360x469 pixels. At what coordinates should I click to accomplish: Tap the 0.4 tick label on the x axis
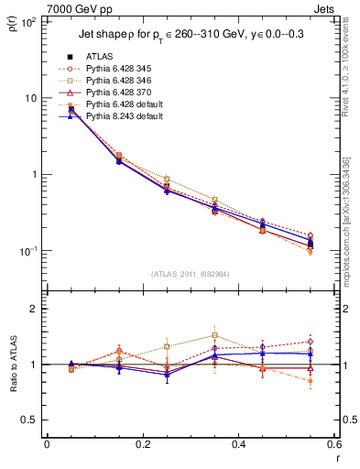[239, 443]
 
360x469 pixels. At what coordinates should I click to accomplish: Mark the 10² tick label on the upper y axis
[30, 22]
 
